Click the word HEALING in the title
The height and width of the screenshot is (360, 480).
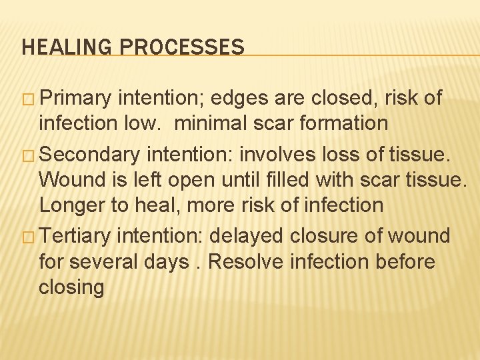[59, 47]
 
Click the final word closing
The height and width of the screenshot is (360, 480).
[71, 287]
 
